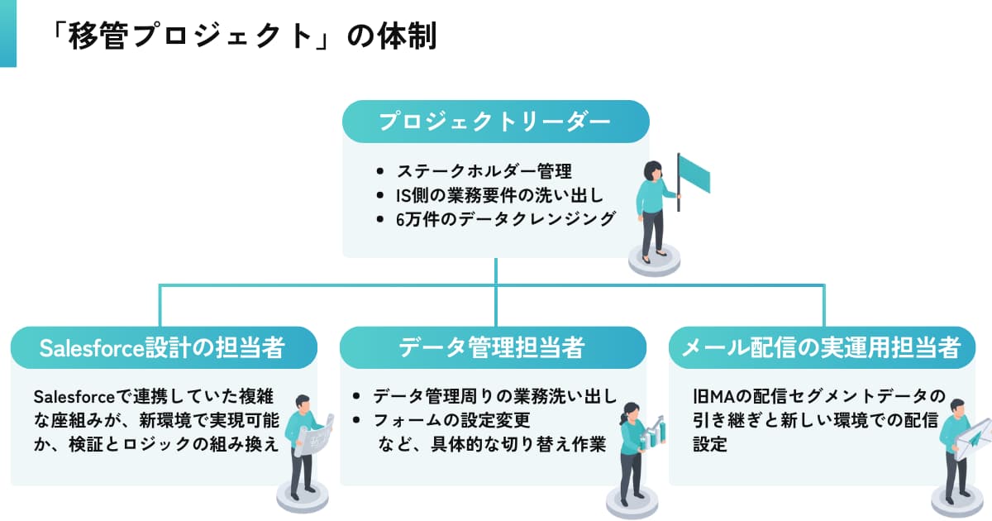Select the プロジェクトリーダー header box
(x=496, y=122)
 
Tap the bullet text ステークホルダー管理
(x=484, y=172)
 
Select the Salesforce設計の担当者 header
(x=163, y=348)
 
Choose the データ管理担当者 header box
(x=493, y=348)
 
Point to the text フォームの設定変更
(x=451, y=420)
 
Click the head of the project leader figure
(x=652, y=170)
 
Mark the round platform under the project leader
(x=654, y=261)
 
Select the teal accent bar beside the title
(x=7, y=33)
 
